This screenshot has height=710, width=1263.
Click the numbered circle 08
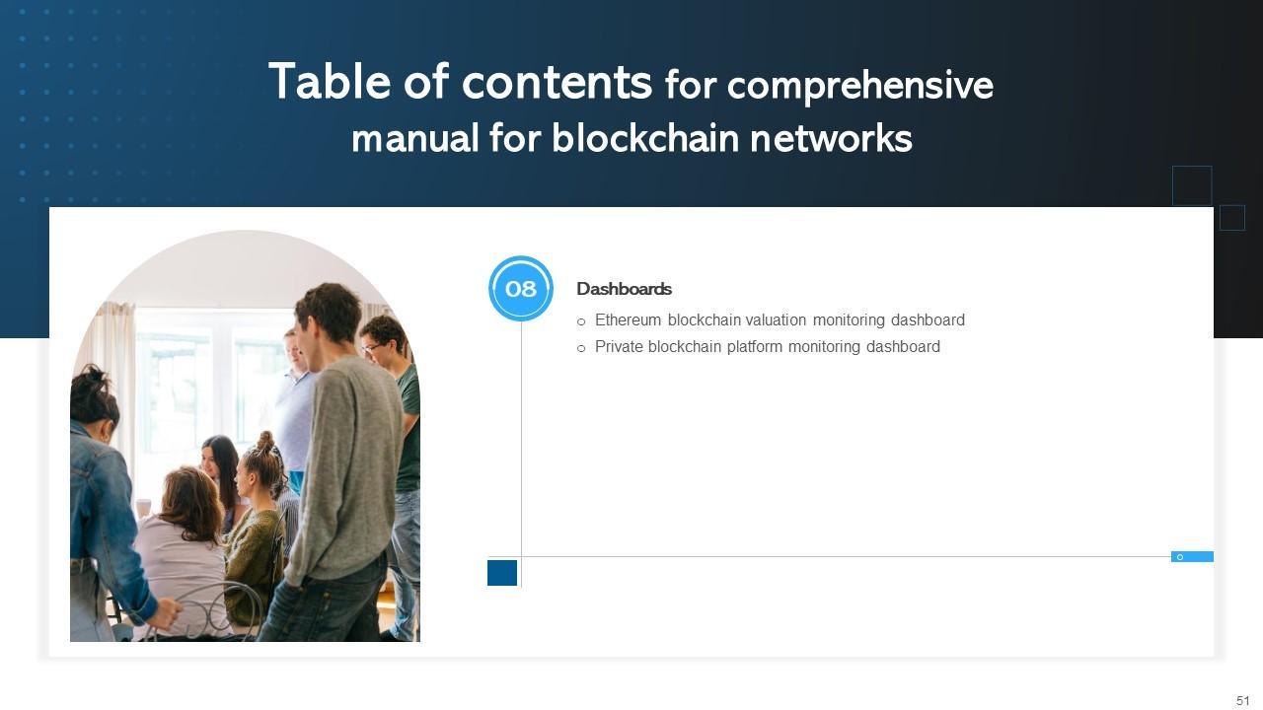tap(521, 289)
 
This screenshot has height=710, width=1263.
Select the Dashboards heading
tap(624, 289)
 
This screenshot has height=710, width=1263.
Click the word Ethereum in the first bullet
tap(628, 320)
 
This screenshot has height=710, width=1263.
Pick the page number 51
tap(1242, 701)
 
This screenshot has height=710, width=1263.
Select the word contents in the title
tap(557, 82)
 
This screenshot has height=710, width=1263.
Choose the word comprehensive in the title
tap(859, 87)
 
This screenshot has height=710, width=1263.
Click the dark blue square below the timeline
tap(502, 573)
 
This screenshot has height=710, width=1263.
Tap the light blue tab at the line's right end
tap(1192, 557)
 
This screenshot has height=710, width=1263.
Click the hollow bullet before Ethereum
tap(581, 321)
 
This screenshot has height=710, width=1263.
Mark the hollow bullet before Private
tap(581, 348)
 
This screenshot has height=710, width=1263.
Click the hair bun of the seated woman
tap(265, 440)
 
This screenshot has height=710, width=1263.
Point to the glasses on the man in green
tap(371, 348)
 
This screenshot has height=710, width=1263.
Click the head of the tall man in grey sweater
tap(329, 311)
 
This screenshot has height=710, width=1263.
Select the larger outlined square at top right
tap(1192, 185)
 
